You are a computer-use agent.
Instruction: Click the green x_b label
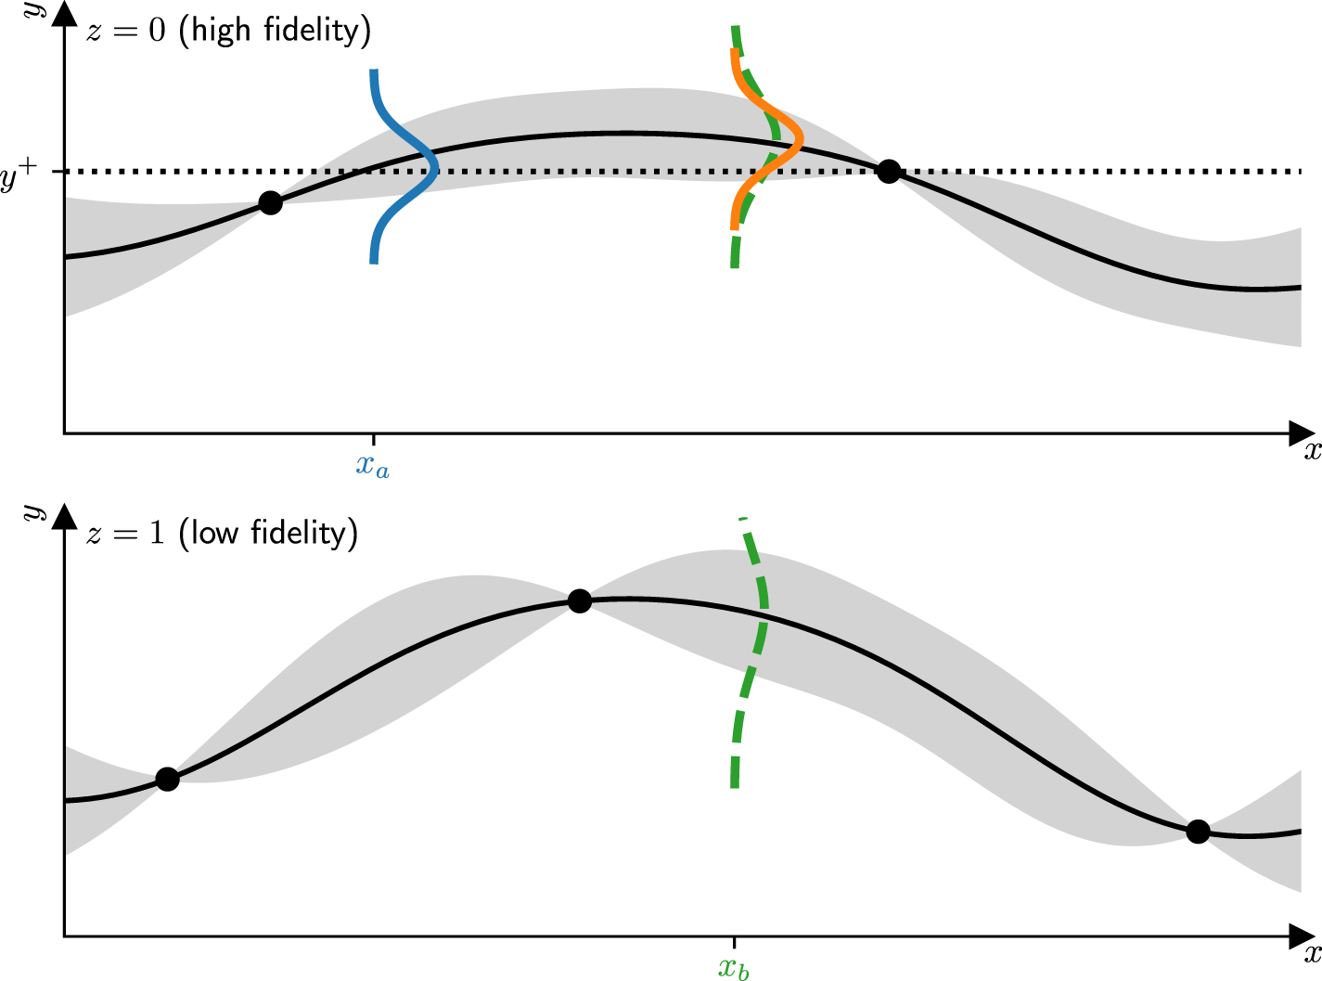tap(734, 969)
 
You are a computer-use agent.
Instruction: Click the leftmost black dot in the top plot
tap(270, 202)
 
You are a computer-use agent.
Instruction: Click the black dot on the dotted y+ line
tap(889, 171)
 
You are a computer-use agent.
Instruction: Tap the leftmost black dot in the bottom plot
tap(167, 779)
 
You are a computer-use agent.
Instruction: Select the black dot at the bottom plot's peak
tap(579, 601)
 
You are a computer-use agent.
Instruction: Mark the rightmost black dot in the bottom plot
tap(1198, 832)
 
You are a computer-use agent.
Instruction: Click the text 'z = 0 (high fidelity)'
tap(228, 31)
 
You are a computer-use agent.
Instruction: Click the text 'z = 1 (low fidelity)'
tap(222, 534)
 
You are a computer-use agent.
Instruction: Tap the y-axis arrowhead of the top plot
tap(64, 19)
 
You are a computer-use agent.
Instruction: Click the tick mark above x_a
tap(373, 438)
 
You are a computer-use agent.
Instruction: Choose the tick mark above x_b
tap(735, 941)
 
